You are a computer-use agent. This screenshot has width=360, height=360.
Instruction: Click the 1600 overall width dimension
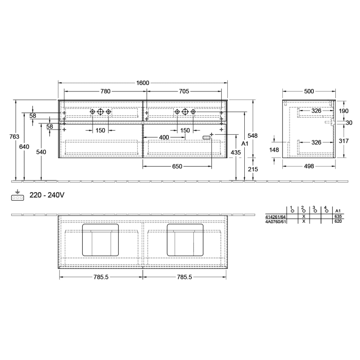[x=142, y=83]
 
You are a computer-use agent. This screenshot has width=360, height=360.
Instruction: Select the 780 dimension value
[x=105, y=92]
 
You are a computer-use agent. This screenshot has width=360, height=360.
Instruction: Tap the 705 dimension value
[x=184, y=92]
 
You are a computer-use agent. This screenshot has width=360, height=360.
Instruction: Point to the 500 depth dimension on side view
[x=309, y=92]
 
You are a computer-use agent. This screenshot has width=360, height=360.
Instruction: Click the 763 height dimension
[x=15, y=137]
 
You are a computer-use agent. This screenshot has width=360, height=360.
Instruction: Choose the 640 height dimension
[x=24, y=147]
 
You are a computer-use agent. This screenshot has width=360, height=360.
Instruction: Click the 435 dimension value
[x=236, y=153]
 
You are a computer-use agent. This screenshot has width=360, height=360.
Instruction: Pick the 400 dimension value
[x=164, y=137]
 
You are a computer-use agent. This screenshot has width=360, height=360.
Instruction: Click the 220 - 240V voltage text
[x=47, y=195]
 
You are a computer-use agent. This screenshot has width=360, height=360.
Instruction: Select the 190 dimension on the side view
[x=344, y=111]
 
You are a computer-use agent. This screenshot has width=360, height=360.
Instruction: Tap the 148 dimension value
[x=274, y=150]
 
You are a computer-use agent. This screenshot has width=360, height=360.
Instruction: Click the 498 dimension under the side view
[x=309, y=166]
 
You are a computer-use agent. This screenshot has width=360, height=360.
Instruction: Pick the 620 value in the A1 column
[x=338, y=221]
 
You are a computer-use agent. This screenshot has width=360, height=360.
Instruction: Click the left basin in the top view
[x=101, y=240]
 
